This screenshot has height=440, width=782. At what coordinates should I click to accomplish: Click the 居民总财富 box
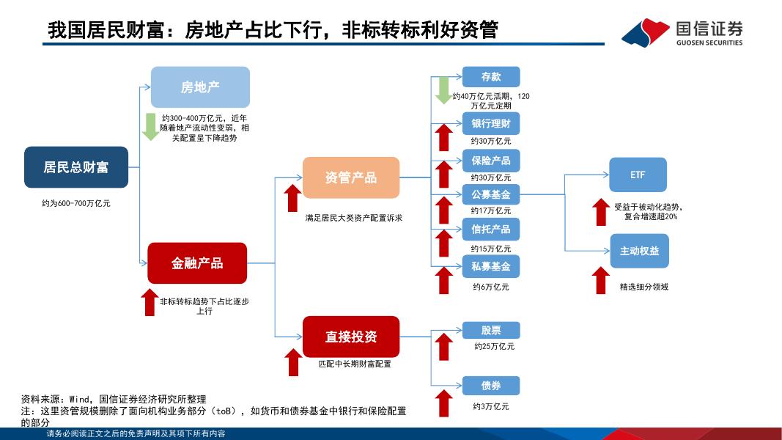point(75,167)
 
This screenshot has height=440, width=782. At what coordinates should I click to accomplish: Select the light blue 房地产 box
point(200,87)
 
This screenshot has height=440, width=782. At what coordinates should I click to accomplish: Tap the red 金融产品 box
point(197,263)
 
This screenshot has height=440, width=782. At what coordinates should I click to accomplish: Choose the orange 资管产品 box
point(351,177)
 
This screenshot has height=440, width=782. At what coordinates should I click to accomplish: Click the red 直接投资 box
point(351,337)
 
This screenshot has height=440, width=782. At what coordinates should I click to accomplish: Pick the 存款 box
point(491,77)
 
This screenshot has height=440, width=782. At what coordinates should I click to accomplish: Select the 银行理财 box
point(491,123)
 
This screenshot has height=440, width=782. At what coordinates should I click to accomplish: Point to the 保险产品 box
point(491,160)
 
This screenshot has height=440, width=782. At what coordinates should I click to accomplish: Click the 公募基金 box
point(491,194)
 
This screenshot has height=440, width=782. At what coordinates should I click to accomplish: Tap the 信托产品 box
point(491,230)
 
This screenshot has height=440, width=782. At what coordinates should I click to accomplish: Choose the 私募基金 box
point(491,265)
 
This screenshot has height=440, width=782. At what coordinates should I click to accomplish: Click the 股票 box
point(491,330)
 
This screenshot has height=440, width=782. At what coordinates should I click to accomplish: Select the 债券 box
point(491,386)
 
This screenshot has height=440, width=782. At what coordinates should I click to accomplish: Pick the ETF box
point(638,176)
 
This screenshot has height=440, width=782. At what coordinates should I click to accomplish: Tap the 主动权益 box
point(639,251)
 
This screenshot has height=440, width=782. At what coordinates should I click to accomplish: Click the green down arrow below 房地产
point(151,126)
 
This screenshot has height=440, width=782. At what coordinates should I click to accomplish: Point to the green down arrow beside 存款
point(443,89)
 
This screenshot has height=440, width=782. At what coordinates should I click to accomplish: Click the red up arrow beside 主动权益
point(601,280)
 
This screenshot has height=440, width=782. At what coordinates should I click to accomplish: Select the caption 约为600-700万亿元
point(76,203)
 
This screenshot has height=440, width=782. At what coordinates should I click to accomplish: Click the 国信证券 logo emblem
point(645,32)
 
